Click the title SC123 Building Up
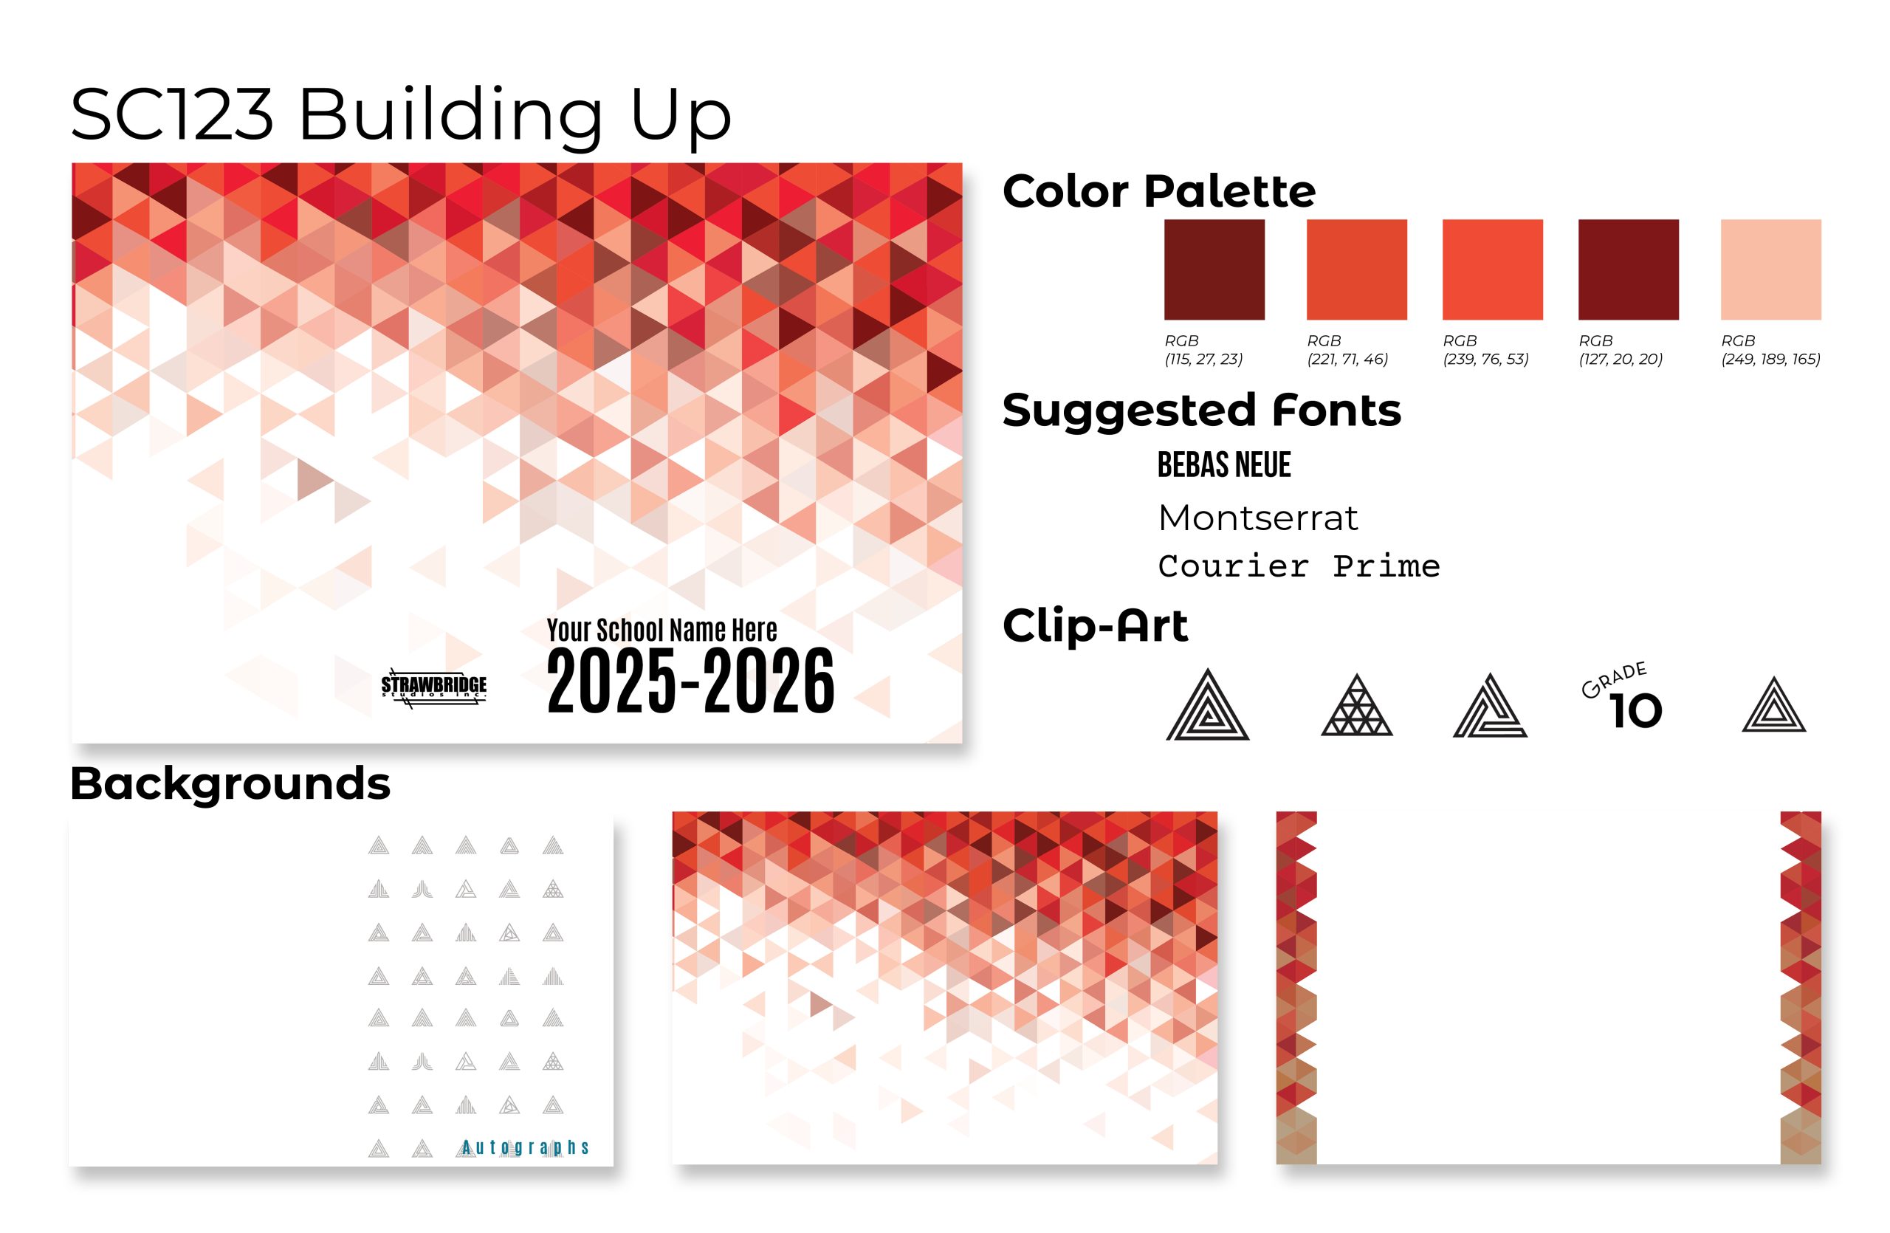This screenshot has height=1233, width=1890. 401,115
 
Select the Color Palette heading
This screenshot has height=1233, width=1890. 1158,191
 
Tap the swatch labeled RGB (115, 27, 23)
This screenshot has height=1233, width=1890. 1214,270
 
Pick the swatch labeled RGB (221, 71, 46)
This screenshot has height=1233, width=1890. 1356,270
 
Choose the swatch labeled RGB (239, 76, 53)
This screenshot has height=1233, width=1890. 1492,270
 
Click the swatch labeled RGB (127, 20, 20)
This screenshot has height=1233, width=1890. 1628,270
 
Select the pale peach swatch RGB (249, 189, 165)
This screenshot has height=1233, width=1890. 1770,270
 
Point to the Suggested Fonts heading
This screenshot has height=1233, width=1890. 1201,411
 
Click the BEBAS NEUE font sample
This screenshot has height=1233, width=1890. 1224,464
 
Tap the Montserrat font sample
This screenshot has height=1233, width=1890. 1258,518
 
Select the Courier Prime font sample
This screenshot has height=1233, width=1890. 1299,566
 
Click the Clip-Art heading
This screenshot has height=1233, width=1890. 1095,625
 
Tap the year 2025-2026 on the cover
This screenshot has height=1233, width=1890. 690,681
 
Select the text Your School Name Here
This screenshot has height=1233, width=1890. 661,630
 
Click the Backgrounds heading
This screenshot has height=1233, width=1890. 230,784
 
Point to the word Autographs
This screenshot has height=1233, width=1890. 525,1147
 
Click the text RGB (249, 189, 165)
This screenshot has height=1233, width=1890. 1770,349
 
